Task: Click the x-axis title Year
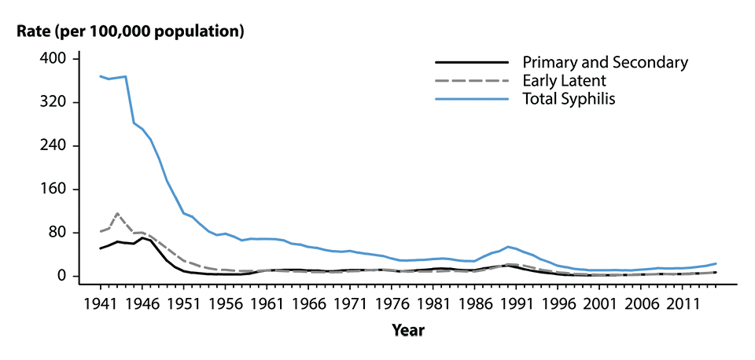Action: click(x=409, y=332)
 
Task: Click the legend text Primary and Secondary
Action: click(x=605, y=62)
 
